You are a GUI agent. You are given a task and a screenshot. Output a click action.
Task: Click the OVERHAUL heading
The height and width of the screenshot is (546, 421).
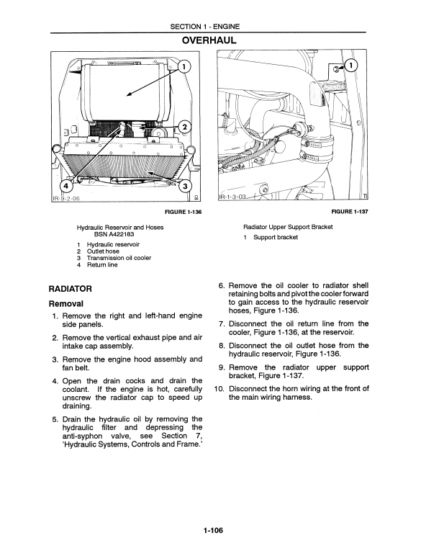[x=209, y=40]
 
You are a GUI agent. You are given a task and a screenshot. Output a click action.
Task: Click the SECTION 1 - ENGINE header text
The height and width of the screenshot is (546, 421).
[x=205, y=27]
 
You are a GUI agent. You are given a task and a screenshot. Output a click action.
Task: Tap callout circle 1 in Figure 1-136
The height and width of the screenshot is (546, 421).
[x=185, y=66]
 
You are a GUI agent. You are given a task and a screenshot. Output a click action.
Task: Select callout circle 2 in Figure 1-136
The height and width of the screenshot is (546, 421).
[x=185, y=127]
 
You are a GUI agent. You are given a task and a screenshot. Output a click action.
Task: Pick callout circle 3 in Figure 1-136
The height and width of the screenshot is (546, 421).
[x=185, y=187]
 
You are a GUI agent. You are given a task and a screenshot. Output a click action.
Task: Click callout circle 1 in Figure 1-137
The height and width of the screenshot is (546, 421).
[x=352, y=65]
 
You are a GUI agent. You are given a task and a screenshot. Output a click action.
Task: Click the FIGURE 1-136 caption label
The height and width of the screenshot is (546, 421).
[x=183, y=212]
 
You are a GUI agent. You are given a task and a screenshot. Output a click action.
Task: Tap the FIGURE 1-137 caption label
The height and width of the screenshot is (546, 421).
[x=350, y=211]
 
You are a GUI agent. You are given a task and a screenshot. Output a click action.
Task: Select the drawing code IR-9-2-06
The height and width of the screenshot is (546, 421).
[x=66, y=199]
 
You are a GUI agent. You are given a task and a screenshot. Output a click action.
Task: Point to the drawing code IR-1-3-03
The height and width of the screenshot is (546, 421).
[x=232, y=197]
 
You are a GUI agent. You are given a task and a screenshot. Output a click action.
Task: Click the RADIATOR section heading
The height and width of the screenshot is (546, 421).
[x=71, y=289]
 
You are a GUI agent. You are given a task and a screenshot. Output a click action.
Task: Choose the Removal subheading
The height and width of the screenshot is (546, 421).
[x=66, y=304]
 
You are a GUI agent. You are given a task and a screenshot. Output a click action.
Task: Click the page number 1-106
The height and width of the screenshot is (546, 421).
[x=213, y=530]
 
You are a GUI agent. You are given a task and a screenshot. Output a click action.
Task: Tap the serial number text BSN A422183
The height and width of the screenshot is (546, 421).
[x=114, y=234]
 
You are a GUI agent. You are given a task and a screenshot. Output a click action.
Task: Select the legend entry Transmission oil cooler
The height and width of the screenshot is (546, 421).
[x=119, y=258]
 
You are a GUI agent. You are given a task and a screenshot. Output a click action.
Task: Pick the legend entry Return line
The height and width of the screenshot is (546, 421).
[x=102, y=265]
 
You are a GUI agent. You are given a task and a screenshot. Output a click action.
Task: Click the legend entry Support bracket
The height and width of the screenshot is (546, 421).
[x=276, y=238]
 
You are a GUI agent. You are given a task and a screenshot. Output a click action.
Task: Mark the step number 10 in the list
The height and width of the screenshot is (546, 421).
[x=219, y=389]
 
